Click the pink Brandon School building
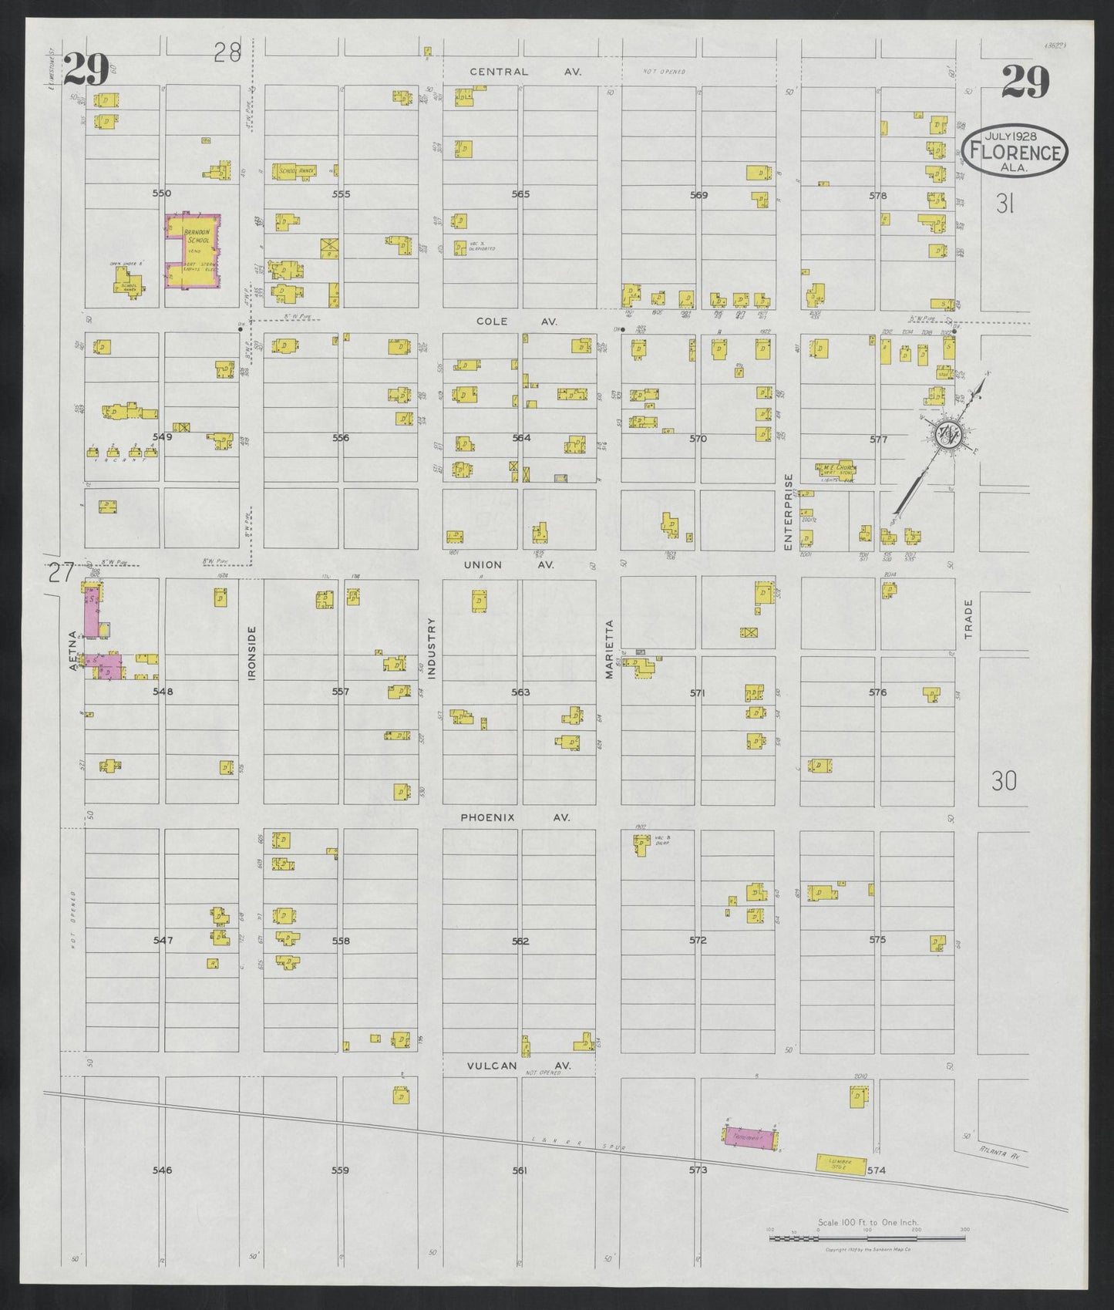(194, 251)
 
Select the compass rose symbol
(947, 435)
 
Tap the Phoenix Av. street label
(515, 817)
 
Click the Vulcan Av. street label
(519, 1065)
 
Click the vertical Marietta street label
(608, 649)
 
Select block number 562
(520, 941)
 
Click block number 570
(698, 439)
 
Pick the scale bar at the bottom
(867, 1238)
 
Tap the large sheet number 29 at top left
(86, 70)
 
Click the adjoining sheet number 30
(1004, 782)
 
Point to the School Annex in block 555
(294, 171)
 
